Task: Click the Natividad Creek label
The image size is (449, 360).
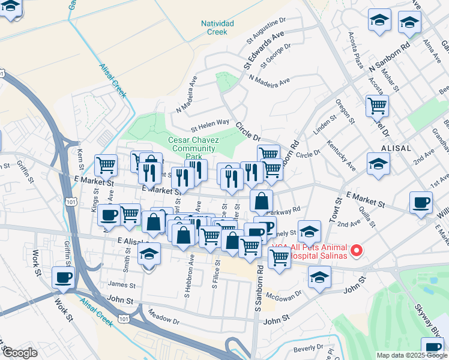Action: [217, 27]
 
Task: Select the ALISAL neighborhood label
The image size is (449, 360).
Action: [396, 148]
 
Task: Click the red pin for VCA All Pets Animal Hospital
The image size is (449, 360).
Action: [357, 250]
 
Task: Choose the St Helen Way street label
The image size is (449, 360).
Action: [210, 124]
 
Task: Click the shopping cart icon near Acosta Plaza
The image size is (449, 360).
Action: [378, 106]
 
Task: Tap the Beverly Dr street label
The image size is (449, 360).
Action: [309, 349]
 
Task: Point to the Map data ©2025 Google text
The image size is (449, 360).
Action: [411, 355]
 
